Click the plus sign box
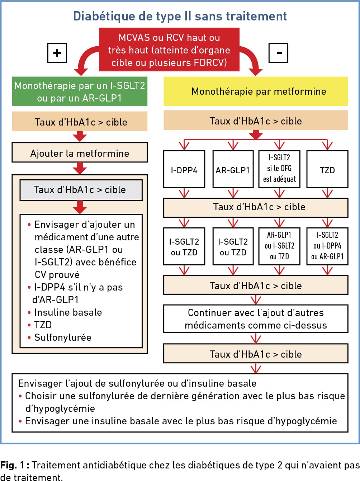(x=57, y=53)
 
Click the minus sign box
(x=278, y=53)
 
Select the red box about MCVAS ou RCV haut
(x=169, y=49)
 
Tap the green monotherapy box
(x=80, y=91)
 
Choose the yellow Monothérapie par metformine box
(x=256, y=91)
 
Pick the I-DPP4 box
(x=184, y=169)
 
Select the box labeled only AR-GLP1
(x=233, y=169)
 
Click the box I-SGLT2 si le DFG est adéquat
(x=279, y=169)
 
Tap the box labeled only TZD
(x=327, y=169)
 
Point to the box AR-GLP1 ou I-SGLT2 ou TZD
(x=279, y=246)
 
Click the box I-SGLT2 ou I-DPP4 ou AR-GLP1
(x=327, y=246)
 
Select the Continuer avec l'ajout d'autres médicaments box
(x=256, y=319)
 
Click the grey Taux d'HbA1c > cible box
(x=81, y=190)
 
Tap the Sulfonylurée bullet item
(x=60, y=338)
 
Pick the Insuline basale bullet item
(x=65, y=312)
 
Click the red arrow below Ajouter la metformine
(x=80, y=168)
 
